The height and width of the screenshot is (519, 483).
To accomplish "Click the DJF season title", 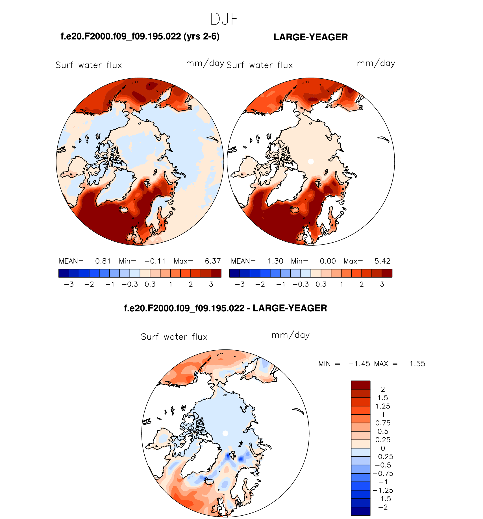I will point(225,19).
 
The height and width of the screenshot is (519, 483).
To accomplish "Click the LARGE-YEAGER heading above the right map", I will point(310,37).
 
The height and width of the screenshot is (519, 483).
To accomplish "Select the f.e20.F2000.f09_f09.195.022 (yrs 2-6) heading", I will point(140,36).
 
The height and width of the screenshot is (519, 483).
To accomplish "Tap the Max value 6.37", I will point(213,261).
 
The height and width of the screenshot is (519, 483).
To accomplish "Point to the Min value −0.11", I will point(155,261).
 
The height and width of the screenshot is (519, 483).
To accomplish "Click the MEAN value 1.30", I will point(275,261).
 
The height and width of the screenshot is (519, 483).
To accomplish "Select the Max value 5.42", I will point(382,261).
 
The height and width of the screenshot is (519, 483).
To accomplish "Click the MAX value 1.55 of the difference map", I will point(417,364).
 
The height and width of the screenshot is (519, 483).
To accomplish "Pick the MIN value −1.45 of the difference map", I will point(359,364).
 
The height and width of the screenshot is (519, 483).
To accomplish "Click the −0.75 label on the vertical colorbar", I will point(383,474).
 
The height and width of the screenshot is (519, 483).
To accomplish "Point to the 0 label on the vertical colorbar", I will point(383,448).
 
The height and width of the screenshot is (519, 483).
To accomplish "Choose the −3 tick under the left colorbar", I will point(69,284).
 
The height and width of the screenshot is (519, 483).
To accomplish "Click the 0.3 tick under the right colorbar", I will point(321,284).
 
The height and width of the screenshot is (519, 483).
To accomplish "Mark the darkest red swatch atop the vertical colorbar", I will point(360,385).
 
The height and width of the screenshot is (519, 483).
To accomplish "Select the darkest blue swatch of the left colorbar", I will point(64,273).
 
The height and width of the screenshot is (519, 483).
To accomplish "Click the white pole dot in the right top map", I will point(311,162).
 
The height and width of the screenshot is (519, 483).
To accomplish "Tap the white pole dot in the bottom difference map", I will point(225,433).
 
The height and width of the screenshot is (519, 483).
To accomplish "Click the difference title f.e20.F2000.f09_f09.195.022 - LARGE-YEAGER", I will point(225,308).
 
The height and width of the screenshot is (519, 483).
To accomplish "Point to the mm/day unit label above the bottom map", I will point(290,335).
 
